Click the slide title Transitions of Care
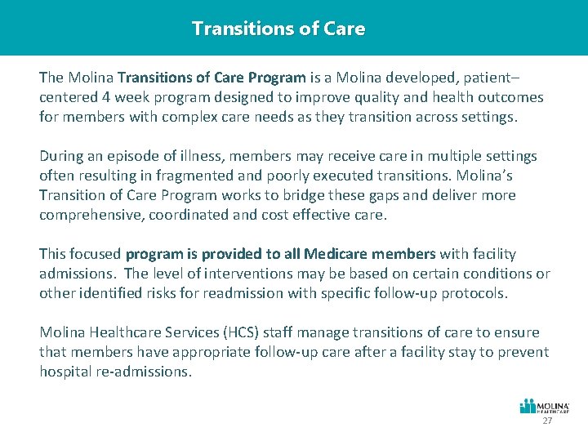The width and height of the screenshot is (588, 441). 278,29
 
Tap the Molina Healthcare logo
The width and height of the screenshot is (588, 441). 545,407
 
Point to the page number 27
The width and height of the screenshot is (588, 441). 547,421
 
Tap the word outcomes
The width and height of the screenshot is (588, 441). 511,97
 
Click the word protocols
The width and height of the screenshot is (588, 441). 474,293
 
